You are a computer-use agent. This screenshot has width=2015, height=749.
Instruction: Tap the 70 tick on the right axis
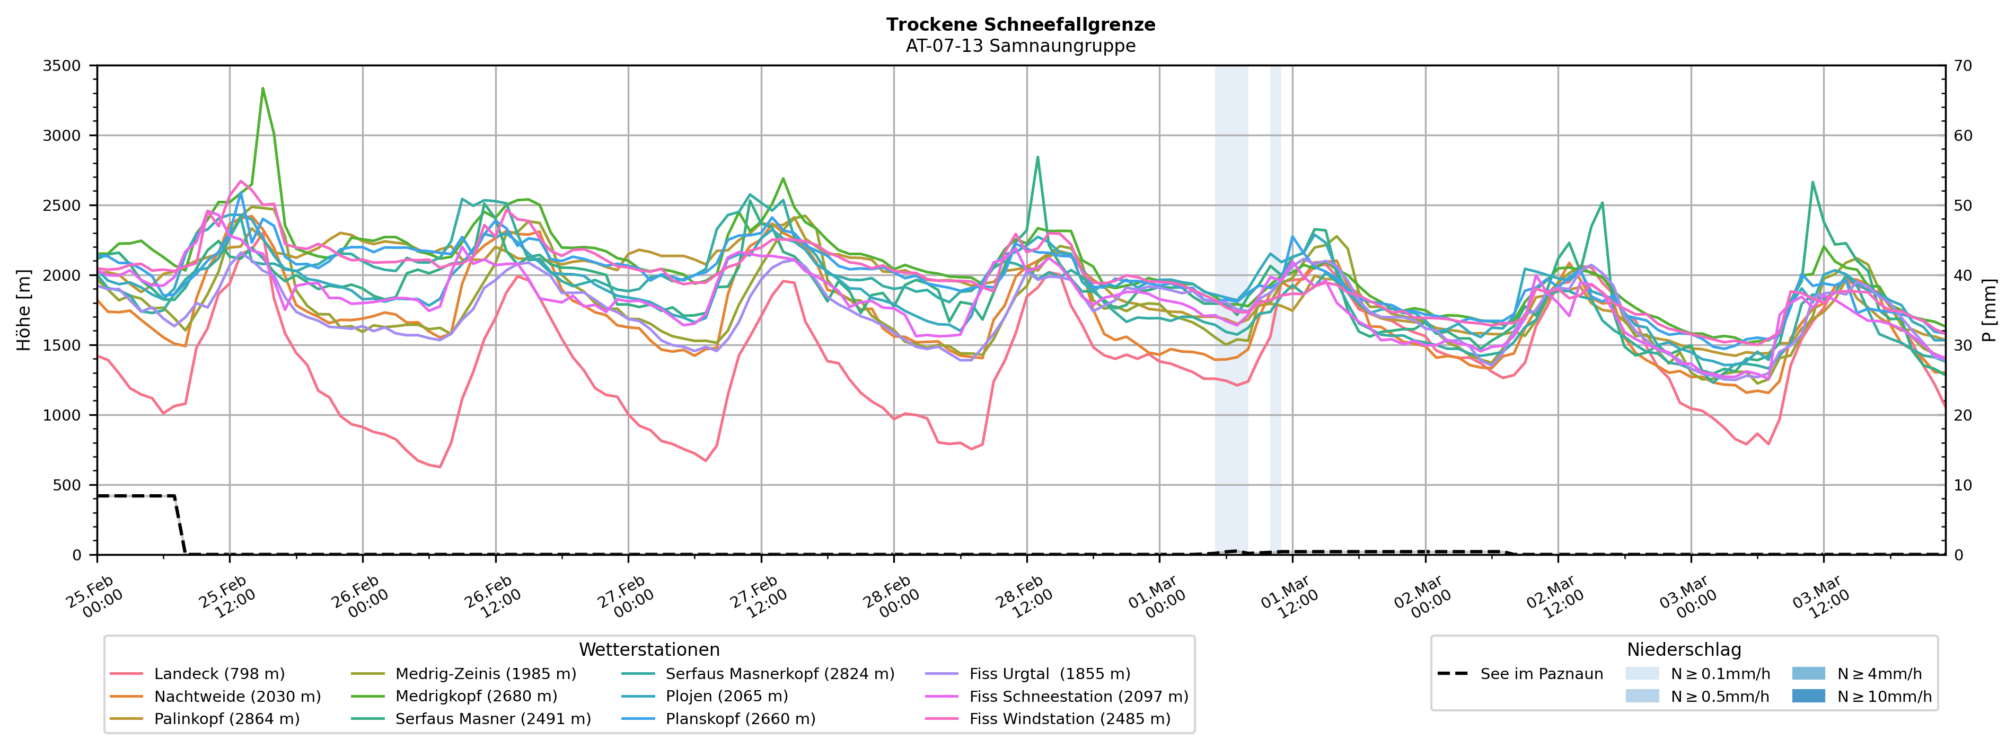click(x=1964, y=66)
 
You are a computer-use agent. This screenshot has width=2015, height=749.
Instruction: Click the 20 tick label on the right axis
click(x=1964, y=415)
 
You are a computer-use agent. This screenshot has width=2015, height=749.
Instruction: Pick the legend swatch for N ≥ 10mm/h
click(x=1808, y=696)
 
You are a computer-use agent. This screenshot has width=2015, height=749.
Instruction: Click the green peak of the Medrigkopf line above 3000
click(x=263, y=88)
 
